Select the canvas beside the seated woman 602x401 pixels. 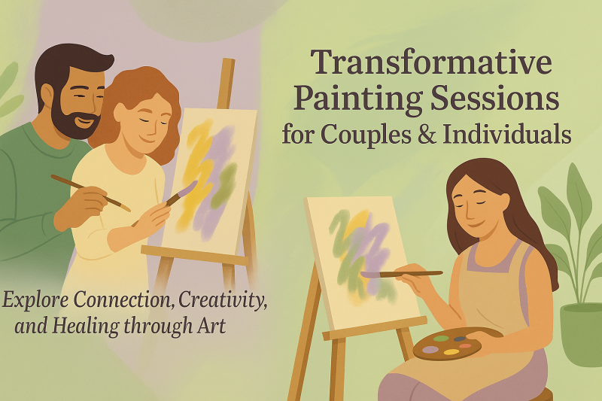(360, 260)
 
